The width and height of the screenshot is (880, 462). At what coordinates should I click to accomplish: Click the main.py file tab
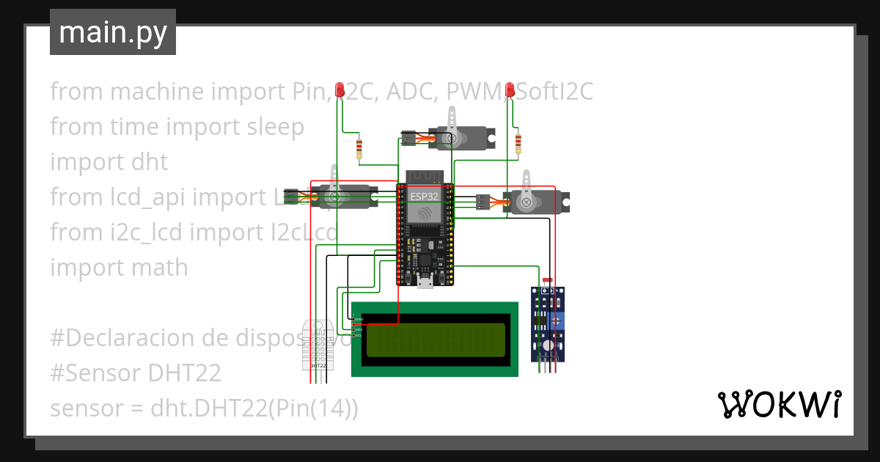click(x=112, y=33)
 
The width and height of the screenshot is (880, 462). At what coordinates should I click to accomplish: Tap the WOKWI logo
click(x=778, y=405)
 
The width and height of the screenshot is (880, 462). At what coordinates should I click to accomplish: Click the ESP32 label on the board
click(x=425, y=197)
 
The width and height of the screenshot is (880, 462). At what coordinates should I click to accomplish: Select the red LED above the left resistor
click(x=340, y=90)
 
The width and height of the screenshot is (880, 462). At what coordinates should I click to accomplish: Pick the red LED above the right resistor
click(x=509, y=89)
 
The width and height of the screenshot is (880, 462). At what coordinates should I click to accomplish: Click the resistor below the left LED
click(x=359, y=149)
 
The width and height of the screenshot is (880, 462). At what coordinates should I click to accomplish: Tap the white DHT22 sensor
click(x=318, y=345)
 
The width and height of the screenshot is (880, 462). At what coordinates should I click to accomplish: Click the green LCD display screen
click(x=436, y=340)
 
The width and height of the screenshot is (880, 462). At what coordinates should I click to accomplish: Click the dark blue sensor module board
click(x=549, y=323)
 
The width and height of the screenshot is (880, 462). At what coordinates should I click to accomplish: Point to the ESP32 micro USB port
click(x=425, y=282)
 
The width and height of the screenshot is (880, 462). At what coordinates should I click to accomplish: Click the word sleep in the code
click(x=271, y=127)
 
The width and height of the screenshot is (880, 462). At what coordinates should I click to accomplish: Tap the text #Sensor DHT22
click(x=136, y=373)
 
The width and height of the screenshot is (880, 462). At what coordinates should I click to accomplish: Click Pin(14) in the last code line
click(x=312, y=408)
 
